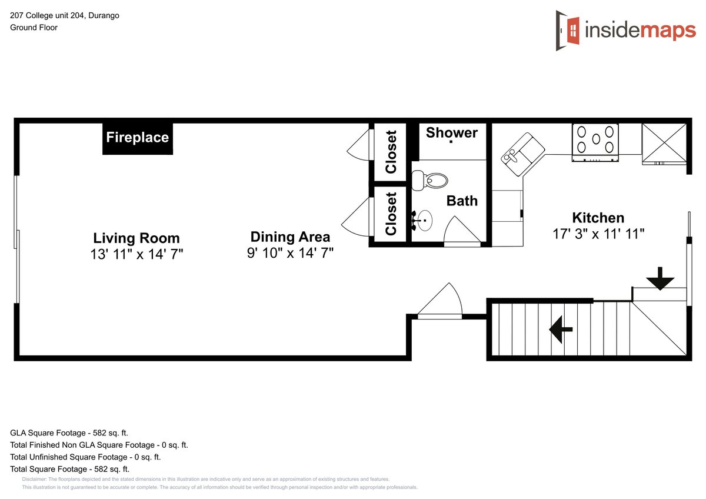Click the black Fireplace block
tap(138, 138)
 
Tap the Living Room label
tap(136, 238)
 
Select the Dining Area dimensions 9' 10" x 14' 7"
tap(290, 253)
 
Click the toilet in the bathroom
tap(429, 181)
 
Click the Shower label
tap(452, 133)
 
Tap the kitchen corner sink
tap(522, 154)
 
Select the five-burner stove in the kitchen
tap(595, 142)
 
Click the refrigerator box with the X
tap(664, 144)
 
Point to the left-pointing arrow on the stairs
tap(561, 330)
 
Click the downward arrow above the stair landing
tap(660, 278)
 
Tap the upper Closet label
tap(391, 152)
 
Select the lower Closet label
tap(391, 214)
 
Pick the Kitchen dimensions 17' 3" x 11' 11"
tap(598, 234)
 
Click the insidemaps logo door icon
tap(567, 31)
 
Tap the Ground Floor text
tap(34, 28)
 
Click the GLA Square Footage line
tap(69, 433)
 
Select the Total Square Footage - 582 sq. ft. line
tap(69, 469)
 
